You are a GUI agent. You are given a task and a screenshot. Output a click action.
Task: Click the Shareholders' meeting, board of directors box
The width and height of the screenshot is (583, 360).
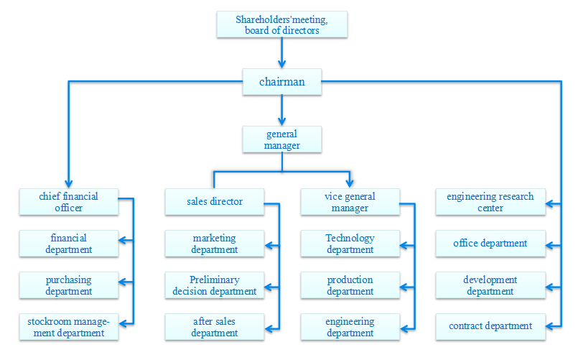281,24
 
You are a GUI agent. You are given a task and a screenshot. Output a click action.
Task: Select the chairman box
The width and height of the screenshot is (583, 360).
281,82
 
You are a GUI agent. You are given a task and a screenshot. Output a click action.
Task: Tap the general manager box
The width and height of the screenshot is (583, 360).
281,139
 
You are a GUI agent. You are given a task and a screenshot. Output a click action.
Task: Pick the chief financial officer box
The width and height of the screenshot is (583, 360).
68,202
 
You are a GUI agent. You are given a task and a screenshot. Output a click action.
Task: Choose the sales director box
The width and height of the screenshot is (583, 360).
214,202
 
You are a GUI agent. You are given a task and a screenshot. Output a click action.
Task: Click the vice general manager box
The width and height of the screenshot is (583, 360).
350,202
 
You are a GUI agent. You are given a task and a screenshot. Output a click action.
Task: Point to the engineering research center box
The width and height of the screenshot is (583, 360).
490,202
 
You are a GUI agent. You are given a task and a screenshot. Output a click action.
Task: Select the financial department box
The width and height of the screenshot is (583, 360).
68,244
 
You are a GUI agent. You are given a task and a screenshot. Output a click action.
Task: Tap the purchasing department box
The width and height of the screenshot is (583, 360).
68,285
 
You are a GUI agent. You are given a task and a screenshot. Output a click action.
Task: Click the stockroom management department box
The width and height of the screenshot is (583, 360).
68,327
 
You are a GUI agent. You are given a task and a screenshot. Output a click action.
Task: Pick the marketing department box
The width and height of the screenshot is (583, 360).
214,244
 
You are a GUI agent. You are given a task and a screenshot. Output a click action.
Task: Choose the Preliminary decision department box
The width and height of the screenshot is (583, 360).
214,285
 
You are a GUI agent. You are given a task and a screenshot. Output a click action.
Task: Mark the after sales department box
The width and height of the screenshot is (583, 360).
214,327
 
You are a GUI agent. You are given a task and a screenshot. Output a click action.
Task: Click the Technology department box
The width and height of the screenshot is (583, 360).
350,244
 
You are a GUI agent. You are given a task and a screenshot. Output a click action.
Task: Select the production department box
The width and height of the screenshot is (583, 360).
350,285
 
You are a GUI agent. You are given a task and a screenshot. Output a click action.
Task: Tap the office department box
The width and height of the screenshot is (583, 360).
490,244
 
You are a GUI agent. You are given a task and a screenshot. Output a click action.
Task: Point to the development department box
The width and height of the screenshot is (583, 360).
490,285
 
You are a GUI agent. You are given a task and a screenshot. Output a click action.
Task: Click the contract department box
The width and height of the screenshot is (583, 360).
490,326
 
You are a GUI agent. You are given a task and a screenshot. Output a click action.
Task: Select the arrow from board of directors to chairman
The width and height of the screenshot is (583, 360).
281,52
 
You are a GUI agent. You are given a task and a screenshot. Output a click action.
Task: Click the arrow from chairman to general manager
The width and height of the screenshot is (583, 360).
281,110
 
